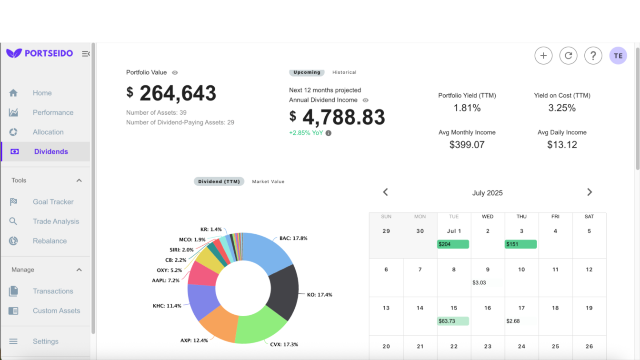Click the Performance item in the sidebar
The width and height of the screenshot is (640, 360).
coord(52,112)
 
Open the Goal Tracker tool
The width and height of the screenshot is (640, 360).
coord(52,202)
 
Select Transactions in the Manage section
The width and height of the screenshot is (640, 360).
coord(52,291)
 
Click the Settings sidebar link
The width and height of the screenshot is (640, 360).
coord(45,341)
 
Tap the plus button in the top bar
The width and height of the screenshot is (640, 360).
coord(543,56)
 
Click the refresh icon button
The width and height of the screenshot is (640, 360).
coord(568,56)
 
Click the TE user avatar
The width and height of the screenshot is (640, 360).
coord(618,56)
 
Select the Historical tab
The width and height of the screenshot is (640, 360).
coord(344,72)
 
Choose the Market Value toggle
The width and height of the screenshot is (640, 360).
coord(268,181)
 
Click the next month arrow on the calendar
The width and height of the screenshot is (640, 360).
coord(590,192)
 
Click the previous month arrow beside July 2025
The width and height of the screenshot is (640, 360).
coord(386,192)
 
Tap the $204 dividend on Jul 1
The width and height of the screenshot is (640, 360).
coord(453,244)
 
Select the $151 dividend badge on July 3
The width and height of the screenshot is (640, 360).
coord(520,244)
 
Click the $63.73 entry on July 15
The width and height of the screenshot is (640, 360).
coord(453,321)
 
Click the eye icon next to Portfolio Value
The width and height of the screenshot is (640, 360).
coord(175,73)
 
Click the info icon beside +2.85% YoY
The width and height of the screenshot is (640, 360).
coord(329,133)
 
